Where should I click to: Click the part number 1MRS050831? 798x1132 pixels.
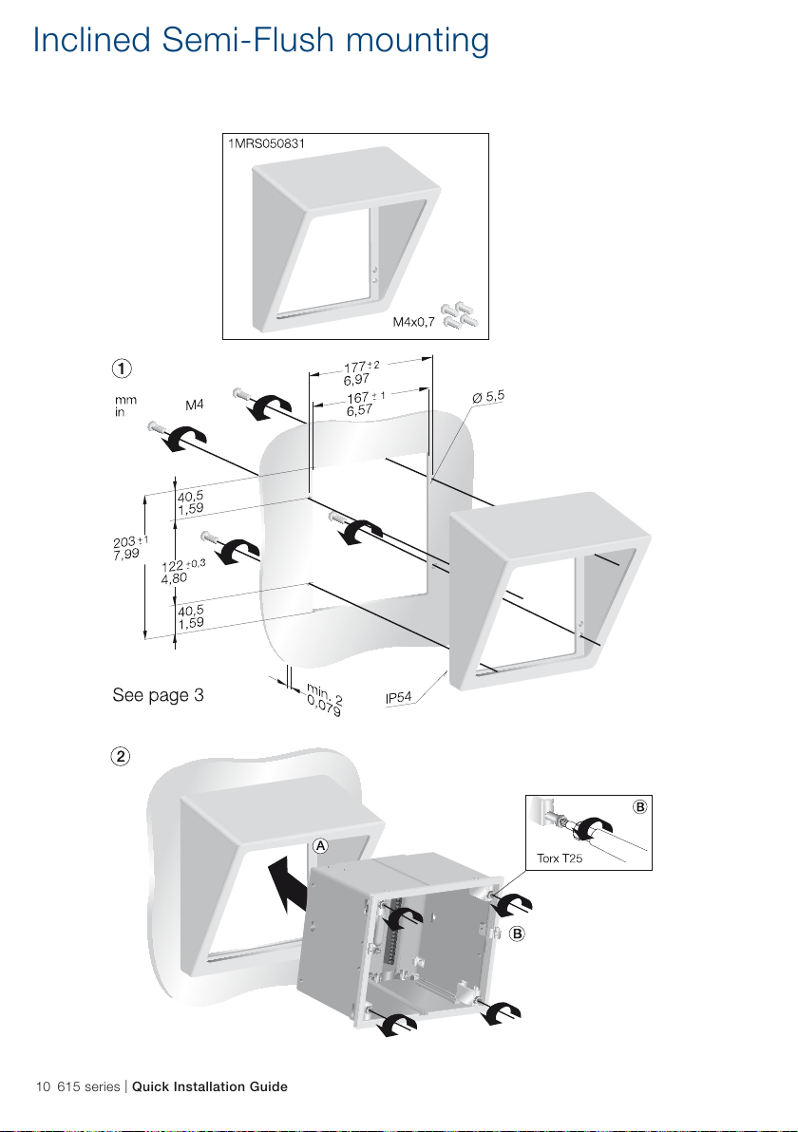point(267,143)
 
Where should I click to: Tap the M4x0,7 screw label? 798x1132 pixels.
point(414,322)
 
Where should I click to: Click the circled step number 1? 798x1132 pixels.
point(122,368)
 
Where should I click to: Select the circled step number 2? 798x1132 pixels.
point(121,756)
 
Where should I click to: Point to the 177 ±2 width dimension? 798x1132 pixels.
point(361,366)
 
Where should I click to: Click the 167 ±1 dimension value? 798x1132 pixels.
point(366,398)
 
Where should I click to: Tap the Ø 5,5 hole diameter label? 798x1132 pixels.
point(488,396)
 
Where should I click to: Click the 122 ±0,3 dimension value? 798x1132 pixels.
point(183,565)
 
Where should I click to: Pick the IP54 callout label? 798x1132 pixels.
point(399,697)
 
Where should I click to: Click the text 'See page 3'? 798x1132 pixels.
point(158,694)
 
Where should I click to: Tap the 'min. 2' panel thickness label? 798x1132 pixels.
point(325,694)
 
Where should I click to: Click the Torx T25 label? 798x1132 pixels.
point(560,858)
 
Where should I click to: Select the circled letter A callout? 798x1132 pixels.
point(321,845)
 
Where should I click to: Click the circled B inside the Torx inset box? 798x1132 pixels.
point(640,807)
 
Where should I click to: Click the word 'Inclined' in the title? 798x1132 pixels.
point(92,40)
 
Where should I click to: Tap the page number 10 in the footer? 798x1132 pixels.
point(44,1086)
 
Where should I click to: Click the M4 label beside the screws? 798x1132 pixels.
point(194,405)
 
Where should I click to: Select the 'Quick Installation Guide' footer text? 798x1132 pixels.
point(209,1086)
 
